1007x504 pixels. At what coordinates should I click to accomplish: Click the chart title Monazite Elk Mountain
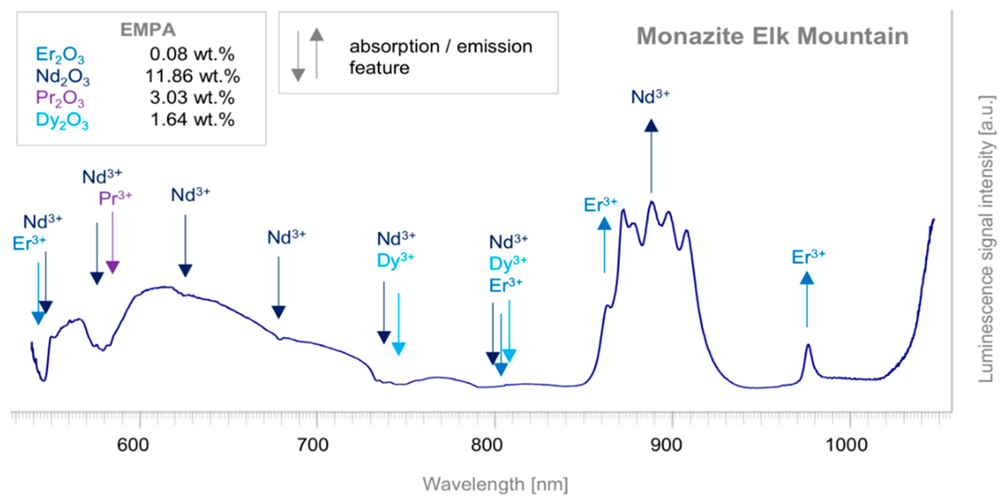point(772,36)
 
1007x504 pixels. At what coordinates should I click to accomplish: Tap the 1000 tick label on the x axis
point(846,445)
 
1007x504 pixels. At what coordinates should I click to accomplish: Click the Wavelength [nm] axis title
point(495,485)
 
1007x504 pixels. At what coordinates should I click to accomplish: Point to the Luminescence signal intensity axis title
point(986,238)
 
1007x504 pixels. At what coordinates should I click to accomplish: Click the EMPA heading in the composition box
point(148,30)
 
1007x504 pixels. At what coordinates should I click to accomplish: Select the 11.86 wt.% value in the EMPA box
point(192,76)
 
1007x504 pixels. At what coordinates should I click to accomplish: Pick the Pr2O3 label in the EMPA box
point(60,98)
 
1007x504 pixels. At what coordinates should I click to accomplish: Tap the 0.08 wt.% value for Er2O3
point(192,54)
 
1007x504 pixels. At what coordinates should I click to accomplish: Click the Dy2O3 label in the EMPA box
point(62,120)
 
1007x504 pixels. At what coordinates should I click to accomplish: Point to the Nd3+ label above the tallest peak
point(650,97)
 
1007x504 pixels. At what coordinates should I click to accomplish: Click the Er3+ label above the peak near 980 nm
point(808,257)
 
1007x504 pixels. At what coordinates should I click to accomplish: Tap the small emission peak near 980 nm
point(808,346)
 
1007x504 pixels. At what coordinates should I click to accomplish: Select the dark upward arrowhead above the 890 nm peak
point(651,126)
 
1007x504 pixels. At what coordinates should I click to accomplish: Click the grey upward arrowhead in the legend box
point(317,35)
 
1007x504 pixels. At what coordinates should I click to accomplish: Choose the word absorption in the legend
point(394,47)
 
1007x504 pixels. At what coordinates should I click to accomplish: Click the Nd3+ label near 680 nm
point(286,237)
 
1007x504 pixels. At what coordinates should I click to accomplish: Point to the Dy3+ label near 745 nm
point(395,260)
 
